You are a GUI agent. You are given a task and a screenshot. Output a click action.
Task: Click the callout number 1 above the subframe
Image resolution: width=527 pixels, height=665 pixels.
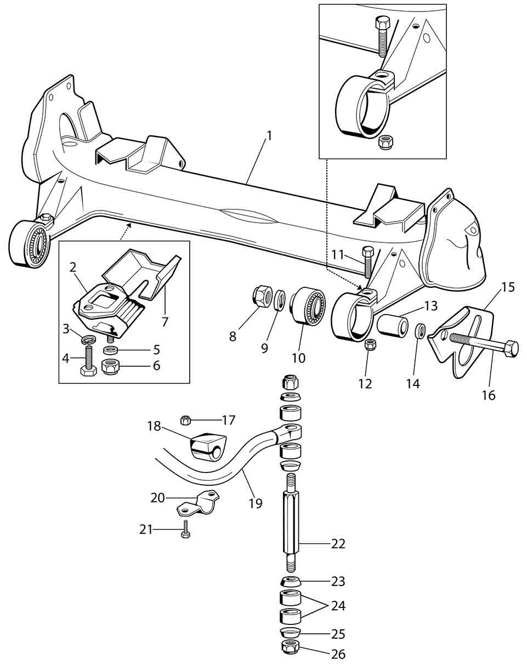(x=268, y=135)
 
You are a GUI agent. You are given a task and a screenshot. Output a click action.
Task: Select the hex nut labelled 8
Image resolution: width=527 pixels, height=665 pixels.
(x=260, y=297)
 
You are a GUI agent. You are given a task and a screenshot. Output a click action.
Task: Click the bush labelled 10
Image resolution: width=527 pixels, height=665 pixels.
(x=307, y=306)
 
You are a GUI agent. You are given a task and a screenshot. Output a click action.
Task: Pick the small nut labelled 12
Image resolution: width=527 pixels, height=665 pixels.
(x=369, y=346)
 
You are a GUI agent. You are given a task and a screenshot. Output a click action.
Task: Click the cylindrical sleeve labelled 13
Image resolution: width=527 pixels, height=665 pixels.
(x=392, y=326)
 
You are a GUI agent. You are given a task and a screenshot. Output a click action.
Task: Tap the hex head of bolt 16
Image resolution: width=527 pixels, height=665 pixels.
(x=511, y=348)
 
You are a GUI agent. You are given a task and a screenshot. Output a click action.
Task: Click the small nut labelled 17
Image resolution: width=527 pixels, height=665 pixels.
(x=185, y=420)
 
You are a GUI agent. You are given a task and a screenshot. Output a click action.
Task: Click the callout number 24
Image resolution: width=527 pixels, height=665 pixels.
(x=338, y=606)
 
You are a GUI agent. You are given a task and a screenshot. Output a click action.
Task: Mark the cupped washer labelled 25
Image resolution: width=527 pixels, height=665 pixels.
(x=291, y=633)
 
